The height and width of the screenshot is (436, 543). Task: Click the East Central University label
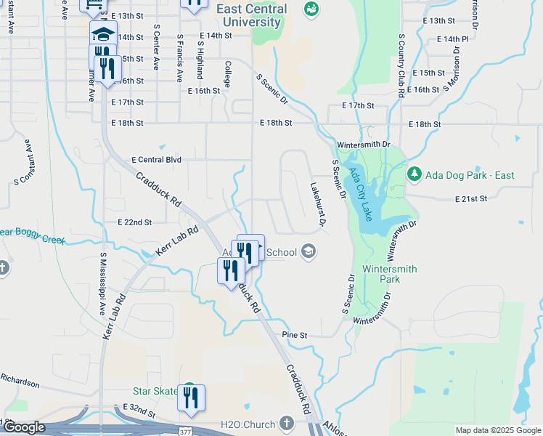[252, 15]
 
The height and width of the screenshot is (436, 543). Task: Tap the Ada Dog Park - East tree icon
[415, 174]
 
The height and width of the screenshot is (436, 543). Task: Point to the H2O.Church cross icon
[287, 423]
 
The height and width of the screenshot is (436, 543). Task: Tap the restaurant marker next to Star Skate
[192, 397]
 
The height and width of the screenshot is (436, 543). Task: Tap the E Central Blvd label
[156, 159]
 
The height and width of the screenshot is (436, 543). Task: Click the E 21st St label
[470, 198]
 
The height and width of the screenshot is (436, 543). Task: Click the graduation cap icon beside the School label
[309, 252]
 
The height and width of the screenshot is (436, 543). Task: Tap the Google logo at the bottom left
[24, 427]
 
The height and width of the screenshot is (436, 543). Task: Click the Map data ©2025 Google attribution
[497, 430]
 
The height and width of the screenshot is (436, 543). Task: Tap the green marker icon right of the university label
[311, 9]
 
